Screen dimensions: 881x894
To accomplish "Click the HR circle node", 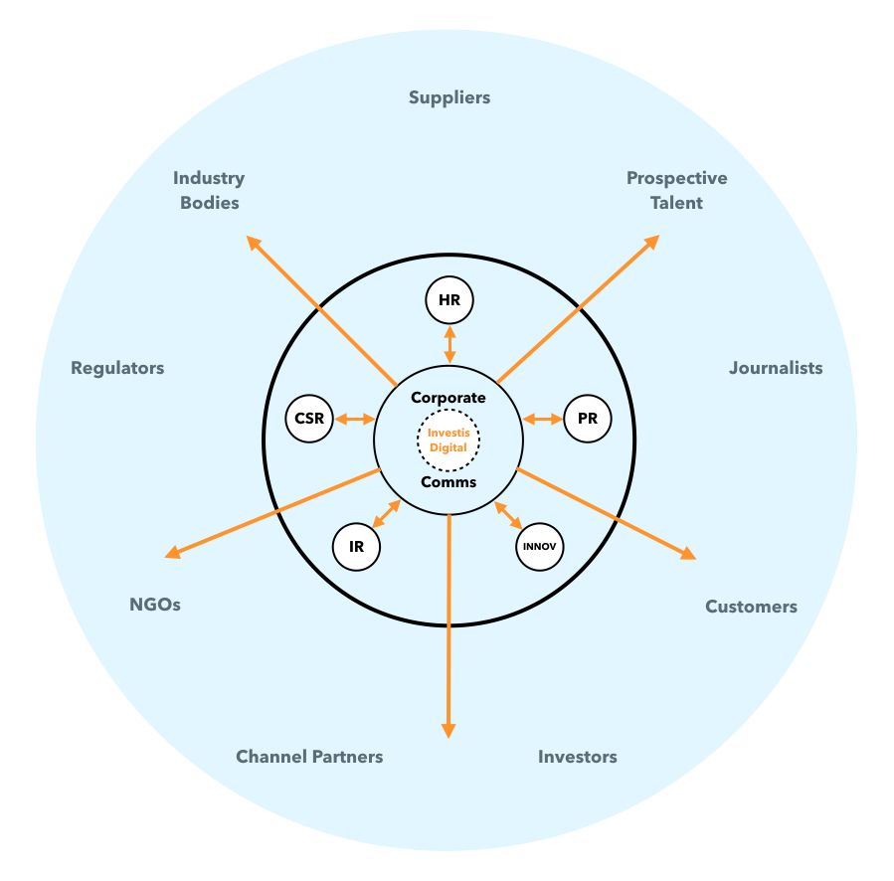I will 449,300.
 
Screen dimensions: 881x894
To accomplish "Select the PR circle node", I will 587,419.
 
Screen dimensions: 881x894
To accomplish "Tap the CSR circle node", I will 309,419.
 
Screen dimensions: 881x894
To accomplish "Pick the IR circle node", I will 355,546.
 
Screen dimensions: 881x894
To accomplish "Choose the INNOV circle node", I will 540,546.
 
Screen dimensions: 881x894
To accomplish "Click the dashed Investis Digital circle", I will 447,440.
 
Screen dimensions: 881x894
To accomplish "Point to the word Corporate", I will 448,398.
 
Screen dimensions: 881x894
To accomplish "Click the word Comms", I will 448,482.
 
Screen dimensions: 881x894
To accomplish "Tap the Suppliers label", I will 449,97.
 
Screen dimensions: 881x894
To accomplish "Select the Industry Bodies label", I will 209,190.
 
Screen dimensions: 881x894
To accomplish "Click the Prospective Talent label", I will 676,190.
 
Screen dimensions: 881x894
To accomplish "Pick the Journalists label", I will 776,368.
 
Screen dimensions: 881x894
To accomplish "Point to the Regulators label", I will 117,368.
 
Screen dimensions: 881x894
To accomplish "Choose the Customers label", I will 751,607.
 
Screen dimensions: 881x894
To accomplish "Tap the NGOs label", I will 155,605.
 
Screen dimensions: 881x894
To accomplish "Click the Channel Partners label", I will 309,757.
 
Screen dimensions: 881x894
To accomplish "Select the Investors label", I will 577,757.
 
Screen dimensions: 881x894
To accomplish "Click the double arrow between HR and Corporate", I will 449,344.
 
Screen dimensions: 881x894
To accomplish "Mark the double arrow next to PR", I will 543,420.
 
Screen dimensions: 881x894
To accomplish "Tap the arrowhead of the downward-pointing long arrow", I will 448,730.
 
